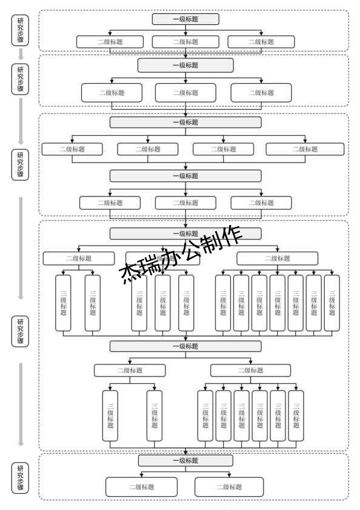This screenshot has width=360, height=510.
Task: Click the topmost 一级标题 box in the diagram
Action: [x=185, y=19]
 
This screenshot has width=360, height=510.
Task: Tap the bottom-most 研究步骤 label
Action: [x=20, y=477]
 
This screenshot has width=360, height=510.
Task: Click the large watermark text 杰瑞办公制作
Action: [x=182, y=255]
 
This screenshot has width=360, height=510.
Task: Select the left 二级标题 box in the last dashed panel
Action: [x=141, y=487]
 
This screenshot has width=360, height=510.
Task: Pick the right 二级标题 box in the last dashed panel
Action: [x=229, y=487]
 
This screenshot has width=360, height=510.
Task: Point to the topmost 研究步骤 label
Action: [x=20, y=30]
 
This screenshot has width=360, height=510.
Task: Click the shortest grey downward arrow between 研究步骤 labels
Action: [x=20, y=54]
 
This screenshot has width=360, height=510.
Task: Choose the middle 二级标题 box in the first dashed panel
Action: [x=185, y=42]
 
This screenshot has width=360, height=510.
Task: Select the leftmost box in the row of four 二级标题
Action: [x=72, y=149]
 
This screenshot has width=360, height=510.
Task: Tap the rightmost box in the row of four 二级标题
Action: [x=305, y=149]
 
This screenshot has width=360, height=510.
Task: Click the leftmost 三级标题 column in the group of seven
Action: [x=223, y=303]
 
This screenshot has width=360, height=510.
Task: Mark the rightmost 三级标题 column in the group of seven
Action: [x=332, y=303]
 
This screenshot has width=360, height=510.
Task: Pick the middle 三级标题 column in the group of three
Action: [x=162, y=303]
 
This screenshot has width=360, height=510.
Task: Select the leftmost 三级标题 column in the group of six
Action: [x=205, y=415]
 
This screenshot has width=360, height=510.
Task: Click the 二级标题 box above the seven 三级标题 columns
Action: [x=277, y=258]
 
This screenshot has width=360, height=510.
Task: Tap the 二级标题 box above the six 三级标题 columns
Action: [x=250, y=371]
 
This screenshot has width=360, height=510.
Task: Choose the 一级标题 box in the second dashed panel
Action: [x=185, y=65]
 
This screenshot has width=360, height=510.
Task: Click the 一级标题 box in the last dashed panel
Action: [x=185, y=461]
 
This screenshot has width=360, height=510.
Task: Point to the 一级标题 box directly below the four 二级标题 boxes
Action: [x=185, y=176]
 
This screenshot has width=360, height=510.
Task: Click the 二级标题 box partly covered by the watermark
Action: [x=162, y=258]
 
